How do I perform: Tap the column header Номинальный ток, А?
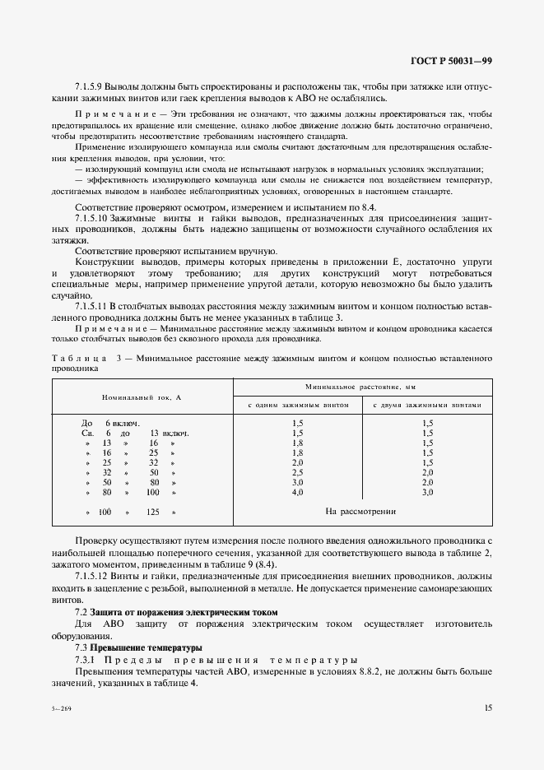coord(142,397)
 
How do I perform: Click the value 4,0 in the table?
coord(298,492)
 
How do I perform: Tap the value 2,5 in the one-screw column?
coord(298,473)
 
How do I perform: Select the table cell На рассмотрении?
coord(360,511)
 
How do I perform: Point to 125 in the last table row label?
coord(152,512)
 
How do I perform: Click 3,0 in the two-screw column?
coord(427,492)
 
